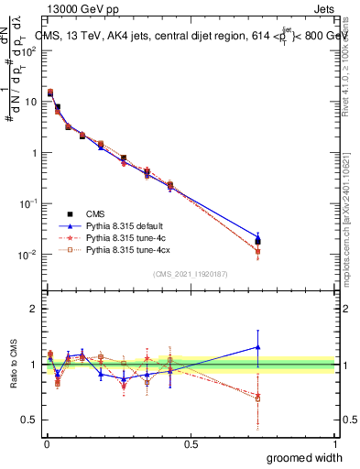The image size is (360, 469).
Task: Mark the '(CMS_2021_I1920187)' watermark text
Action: pos(191,274)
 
